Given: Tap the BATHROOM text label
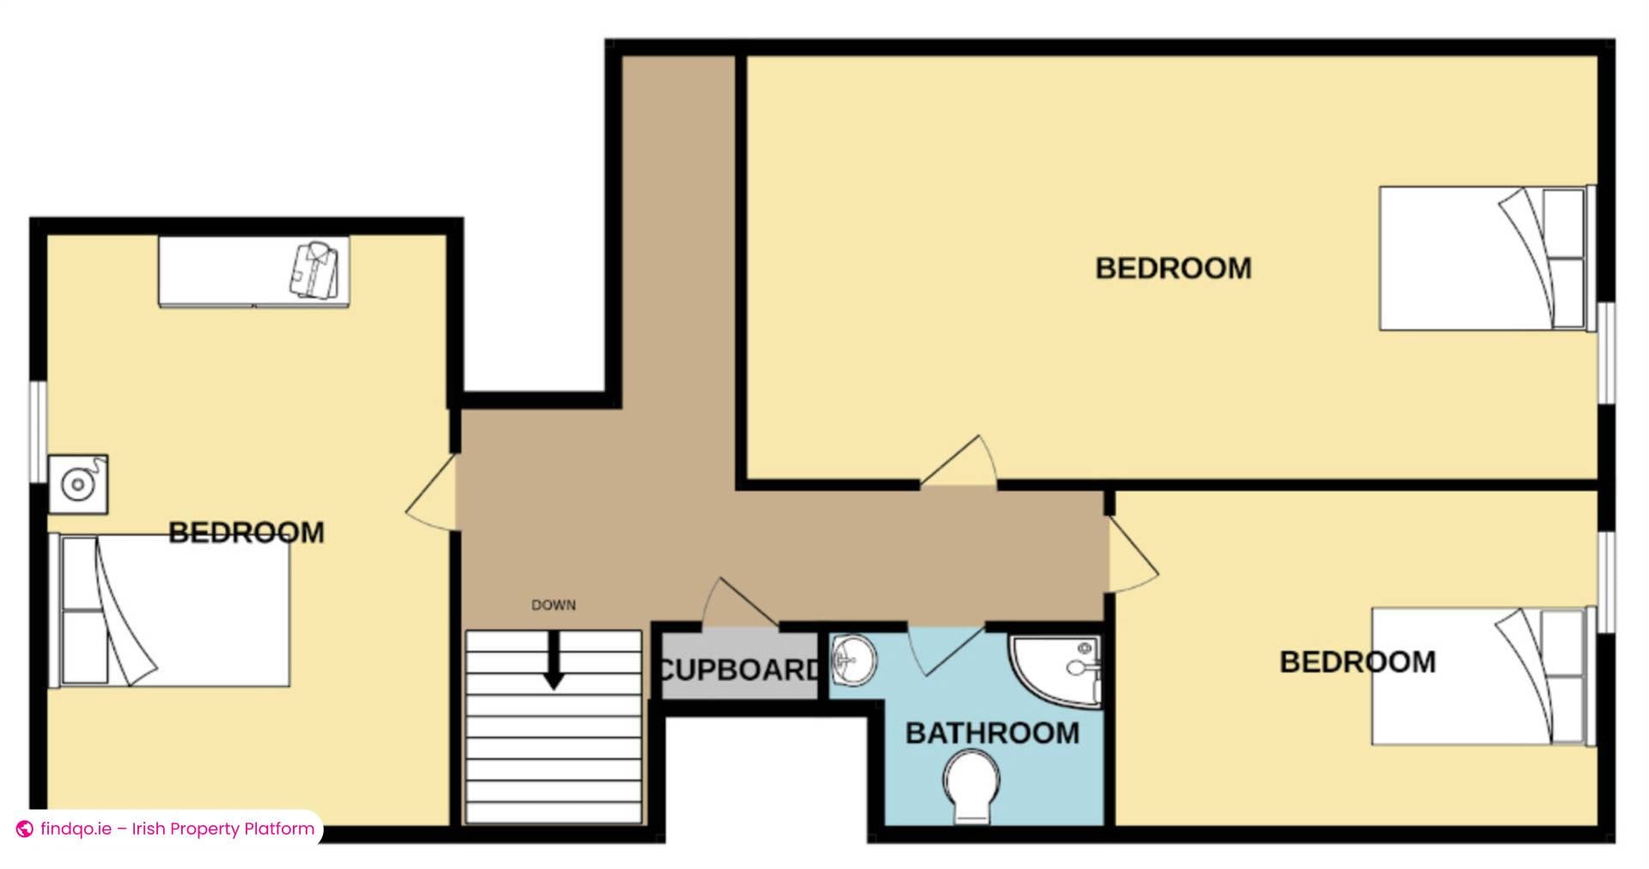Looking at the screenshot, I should coord(992,733).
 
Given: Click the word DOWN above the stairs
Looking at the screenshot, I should coord(553,605).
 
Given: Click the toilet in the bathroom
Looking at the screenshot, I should coord(971,784).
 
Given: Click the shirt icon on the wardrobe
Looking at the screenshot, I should coord(314,270).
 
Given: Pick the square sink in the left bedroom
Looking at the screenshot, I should coord(78,484).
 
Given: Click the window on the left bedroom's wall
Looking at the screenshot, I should coord(38,432).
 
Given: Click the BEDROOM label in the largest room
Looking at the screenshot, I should coord(1173,269).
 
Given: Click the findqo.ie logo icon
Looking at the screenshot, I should coord(25,829).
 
